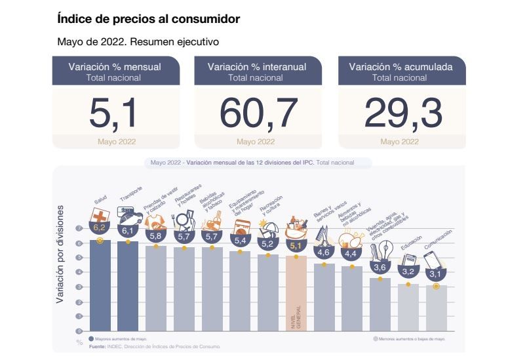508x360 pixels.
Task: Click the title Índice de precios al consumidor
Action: pyautogui.click(x=149, y=20)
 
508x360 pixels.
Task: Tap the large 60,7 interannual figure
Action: pyautogui.click(x=258, y=112)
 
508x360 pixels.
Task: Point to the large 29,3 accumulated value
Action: pyautogui.click(x=402, y=112)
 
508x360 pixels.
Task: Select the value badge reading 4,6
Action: pyautogui.click(x=324, y=252)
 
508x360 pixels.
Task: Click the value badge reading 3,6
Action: pyautogui.click(x=380, y=268)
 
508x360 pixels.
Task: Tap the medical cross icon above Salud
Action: pyautogui.click(x=100, y=216)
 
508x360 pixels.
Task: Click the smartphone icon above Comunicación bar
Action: pyautogui.click(x=435, y=260)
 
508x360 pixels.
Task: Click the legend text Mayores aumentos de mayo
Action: pyautogui.click(x=121, y=339)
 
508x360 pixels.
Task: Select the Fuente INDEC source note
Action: pyautogui.click(x=155, y=346)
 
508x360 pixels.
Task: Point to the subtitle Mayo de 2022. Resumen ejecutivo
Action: pyautogui.click(x=138, y=42)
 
